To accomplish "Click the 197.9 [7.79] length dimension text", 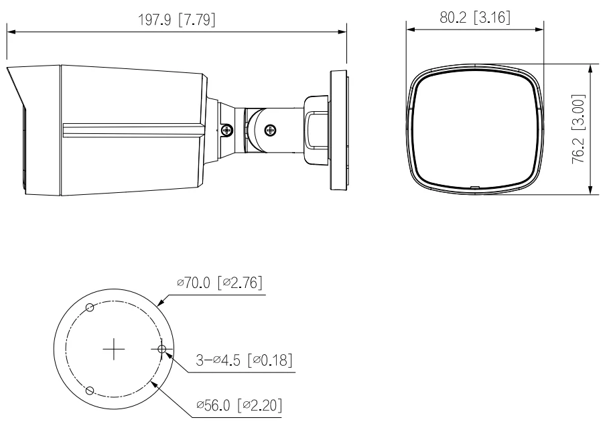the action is (x=177, y=19).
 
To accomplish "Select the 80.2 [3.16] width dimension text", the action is (x=475, y=17).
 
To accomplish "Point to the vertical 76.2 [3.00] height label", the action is (x=578, y=129).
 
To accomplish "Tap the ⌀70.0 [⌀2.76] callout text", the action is (x=220, y=283).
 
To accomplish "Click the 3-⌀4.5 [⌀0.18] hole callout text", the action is (x=244, y=360).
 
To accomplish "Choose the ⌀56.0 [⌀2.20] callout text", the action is (x=239, y=405).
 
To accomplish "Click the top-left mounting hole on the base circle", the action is (x=90, y=308).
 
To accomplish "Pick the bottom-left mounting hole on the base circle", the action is (x=89, y=390).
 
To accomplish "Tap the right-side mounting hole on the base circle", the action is (x=162, y=350).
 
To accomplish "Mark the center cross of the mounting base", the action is (x=114, y=349).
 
